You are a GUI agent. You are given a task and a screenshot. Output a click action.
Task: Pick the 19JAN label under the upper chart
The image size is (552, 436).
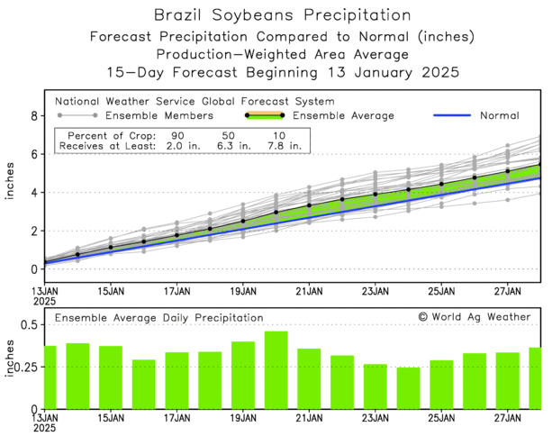point(243,291)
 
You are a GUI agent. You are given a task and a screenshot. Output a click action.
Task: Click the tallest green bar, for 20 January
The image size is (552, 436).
point(276,369)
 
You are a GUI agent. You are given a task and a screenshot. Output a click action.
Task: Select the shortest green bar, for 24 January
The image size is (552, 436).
point(409,387)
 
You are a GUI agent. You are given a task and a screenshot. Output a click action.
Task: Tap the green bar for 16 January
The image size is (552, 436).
point(144,384)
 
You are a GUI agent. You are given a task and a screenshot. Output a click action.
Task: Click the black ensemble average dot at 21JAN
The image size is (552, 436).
point(309,205)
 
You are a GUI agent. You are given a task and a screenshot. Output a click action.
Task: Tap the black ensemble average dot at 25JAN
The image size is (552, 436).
point(441,184)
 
